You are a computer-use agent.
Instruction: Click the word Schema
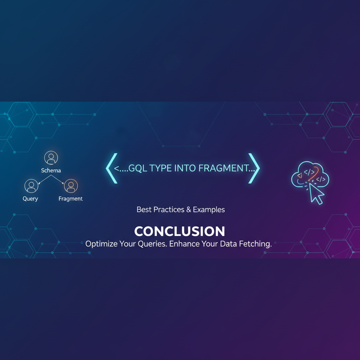point(51,171)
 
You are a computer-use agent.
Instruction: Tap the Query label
point(30,199)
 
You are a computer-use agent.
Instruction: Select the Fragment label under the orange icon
point(71,199)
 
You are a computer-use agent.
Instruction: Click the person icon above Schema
point(51,158)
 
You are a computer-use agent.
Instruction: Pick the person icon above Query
point(31,186)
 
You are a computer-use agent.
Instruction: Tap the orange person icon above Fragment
point(71,186)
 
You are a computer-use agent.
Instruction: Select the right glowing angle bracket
point(255,168)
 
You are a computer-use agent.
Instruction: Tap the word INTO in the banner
point(186,168)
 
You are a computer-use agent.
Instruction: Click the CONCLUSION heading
point(180,231)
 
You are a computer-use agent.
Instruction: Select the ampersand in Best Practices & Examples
point(189,210)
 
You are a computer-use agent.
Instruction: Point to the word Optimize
point(101,244)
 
